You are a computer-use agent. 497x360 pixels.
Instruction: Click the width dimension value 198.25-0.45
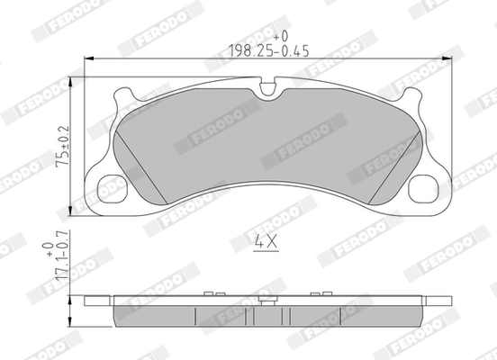click(x=269, y=51)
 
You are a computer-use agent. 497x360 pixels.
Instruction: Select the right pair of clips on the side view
click(x=316, y=293)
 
